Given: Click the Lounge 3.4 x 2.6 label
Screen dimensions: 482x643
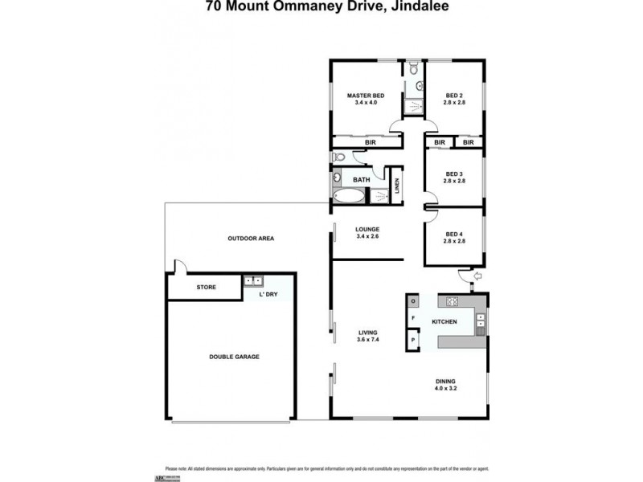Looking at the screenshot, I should click(x=367, y=233).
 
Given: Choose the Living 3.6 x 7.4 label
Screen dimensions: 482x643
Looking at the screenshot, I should click(x=368, y=336).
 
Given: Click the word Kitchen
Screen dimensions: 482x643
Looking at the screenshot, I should click(x=444, y=322).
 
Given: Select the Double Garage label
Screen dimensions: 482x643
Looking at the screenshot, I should click(x=234, y=356).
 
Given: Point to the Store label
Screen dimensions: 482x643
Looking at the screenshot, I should click(x=207, y=287).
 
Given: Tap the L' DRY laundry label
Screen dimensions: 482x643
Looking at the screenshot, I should click(x=268, y=296).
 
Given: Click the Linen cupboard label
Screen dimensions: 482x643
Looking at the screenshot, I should click(x=396, y=186).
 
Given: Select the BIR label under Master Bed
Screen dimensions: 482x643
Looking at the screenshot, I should click(x=371, y=142).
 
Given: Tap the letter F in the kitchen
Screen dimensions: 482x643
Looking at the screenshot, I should click(x=413, y=319).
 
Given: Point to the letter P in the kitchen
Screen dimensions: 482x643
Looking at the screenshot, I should click(x=413, y=339).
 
